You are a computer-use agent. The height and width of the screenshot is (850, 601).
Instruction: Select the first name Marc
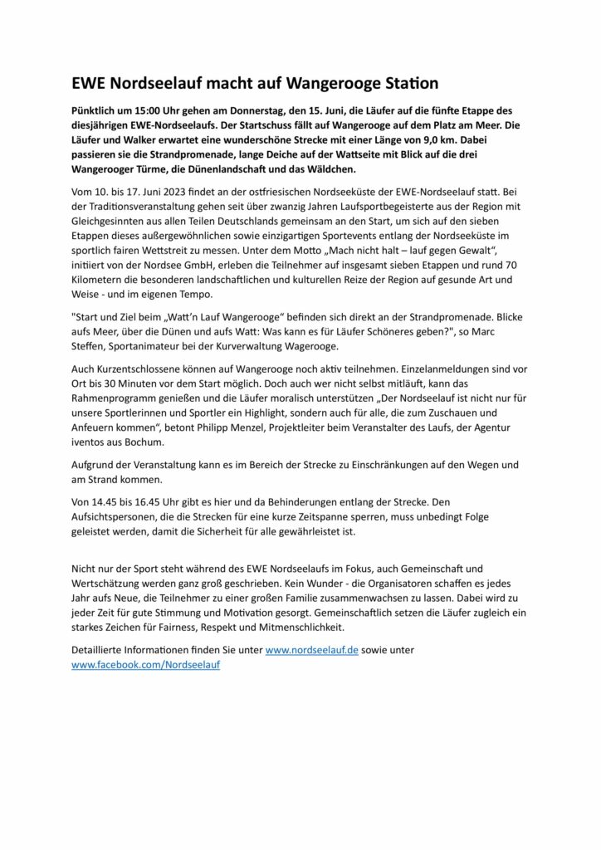[x=493, y=330]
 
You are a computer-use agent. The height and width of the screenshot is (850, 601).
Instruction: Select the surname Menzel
[x=330, y=428]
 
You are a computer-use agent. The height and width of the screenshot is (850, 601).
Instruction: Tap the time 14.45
[x=107, y=503]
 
